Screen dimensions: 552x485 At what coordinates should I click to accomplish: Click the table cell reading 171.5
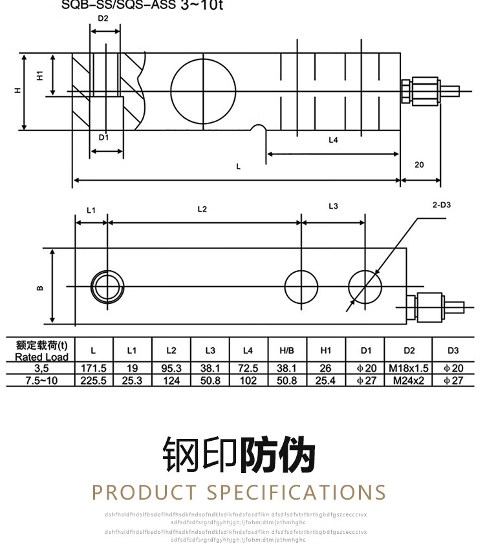tap(93, 368)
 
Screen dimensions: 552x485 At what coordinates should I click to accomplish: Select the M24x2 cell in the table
tap(409, 380)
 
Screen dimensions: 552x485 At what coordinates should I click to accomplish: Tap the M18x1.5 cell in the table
tap(409, 368)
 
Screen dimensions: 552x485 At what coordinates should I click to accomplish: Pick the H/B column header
tap(286, 350)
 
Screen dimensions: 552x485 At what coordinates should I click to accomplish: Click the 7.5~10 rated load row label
tap(42, 380)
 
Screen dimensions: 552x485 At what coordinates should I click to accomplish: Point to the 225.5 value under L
tap(93, 380)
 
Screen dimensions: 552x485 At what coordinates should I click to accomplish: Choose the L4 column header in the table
tap(248, 350)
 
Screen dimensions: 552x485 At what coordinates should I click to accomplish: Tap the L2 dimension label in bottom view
tap(202, 209)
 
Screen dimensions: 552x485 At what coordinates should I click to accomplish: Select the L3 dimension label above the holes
tap(333, 206)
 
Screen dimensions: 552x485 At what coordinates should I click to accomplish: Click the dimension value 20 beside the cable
tap(419, 164)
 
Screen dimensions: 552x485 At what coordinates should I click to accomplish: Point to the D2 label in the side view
tap(103, 18)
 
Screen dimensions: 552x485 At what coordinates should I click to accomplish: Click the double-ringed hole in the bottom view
tap(107, 285)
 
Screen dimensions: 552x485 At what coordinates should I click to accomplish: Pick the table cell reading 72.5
tap(248, 368)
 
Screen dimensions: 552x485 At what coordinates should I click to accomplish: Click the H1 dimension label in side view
tap(40, 76)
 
